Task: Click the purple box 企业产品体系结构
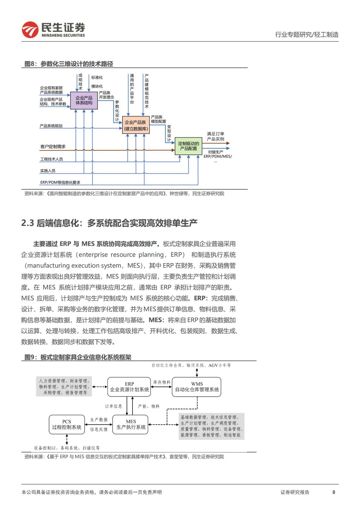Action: coord(84,100)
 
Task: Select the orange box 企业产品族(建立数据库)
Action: coord(136,125)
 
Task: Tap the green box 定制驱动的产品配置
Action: coord(188,146)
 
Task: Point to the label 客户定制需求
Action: coord(53,147)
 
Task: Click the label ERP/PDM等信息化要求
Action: coord(60,182)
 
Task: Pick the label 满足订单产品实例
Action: coord(215,136)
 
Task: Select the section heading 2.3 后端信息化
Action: coord(109,224)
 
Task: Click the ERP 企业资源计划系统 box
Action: coord(129,387)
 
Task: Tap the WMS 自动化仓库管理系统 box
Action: coord(197,387)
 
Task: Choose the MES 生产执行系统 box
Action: coord(131,424)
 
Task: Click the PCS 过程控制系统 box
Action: coord(67,424)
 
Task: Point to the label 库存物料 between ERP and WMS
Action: coord(162,382)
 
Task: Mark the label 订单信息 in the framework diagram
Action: coord(113,406)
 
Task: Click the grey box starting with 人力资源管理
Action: coord(64,387)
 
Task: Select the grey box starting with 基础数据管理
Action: coord(211,426)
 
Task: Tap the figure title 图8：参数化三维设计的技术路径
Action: coord(69,64)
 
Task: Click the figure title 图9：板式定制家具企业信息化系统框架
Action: coord(78,357)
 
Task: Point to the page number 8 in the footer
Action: coord(334,492)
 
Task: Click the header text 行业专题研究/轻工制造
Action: coord(306,35)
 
